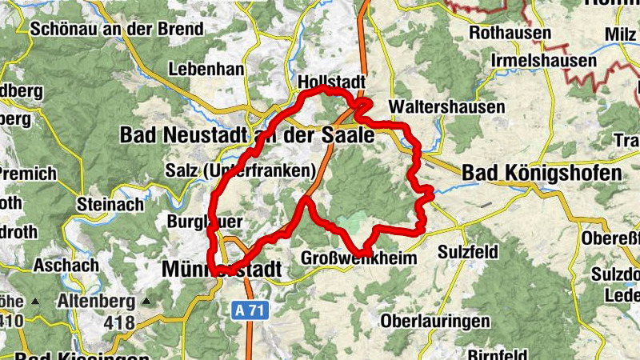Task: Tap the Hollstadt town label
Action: click(x=330, y=82)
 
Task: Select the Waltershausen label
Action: click(x=446, y=106)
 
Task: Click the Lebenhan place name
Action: click(x=206, y=70)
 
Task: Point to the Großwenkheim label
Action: click(x=360, y=258)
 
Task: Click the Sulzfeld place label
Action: click(x=468, y=253)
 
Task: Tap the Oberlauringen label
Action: click(x=435, y=322)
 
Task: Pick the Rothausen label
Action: click(x=510, y=34)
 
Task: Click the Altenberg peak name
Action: click(x=94, y=302)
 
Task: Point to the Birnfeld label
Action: click(x=496, y=353)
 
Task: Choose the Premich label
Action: click(x=27, y=174)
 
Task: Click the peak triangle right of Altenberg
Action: click(x=146, y=302)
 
